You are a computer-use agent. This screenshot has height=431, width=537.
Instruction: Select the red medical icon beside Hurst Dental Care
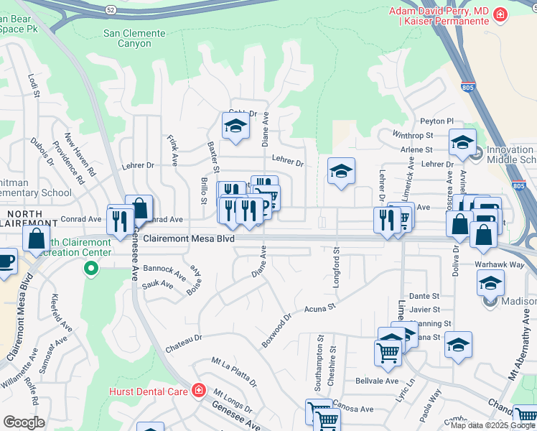pos(198,391)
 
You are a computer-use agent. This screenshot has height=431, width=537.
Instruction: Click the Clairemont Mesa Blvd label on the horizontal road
pos(189,239)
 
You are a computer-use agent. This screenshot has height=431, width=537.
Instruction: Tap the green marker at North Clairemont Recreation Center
pos(90,269)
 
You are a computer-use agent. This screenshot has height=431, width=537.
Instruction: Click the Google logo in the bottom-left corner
pos(24,422)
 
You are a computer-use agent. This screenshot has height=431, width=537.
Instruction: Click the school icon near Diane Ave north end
pos(234,127)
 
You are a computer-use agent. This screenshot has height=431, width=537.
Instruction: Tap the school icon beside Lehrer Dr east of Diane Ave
pos(341,171)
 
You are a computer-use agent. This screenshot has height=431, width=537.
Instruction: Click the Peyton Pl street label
pos(437,121)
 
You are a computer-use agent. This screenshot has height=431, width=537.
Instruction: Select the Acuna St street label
pos(320,308)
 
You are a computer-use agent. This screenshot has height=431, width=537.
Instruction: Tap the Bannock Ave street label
pos(164,269)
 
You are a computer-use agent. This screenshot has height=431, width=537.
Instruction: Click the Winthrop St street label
pos(413,135)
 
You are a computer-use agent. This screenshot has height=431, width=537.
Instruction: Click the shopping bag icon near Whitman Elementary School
pos(35,238)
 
